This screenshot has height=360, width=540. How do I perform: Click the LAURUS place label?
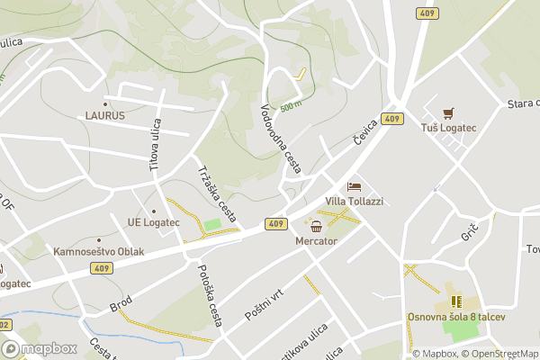[x=105, y=115]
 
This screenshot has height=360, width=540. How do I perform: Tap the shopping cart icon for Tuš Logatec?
[x=448, y=113]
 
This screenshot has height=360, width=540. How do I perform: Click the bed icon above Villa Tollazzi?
[x=354, y=187]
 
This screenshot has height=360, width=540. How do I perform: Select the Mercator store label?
[x=315, y=242]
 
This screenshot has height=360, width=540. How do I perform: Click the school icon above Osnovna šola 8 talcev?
[x=455, y=301]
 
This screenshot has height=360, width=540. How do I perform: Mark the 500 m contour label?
[x=290, y=107]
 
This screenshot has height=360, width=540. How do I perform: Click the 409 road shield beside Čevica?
[x=391, y=119]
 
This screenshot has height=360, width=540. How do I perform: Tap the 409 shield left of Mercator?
[x=275, y=223]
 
